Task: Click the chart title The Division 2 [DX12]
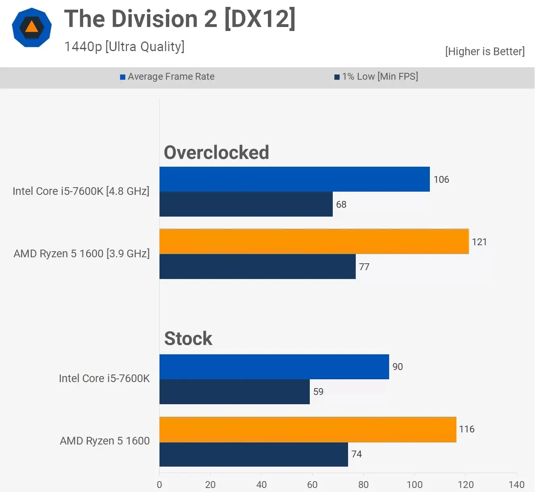(x=180, y=19)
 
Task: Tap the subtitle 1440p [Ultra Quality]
(x=124, y=47)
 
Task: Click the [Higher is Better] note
(x=485, y=52)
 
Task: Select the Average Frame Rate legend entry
(x=168, y=76)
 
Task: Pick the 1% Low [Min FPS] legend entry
(x=376, y=76)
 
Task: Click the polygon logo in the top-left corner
(x=32, y=27)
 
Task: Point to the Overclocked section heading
(x=216, y=152)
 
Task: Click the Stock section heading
(x=188, y=338)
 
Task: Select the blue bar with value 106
(x=294, y=179)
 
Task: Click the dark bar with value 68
(x=246, y=204)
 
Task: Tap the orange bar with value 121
(x=314, y=242)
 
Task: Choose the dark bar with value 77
(x=257, y=267)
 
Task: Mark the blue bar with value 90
(x=274, y=367)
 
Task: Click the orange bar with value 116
(x=308, y=430)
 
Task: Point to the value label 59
(x=318, y=392)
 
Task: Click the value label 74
(x=357, y=454)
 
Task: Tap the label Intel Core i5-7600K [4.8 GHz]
(x=81, y=191)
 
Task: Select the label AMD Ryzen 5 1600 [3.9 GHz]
(x=82, y=254)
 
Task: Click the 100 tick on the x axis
(x=415, y=484)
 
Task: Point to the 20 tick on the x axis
(x=210, y=484)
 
